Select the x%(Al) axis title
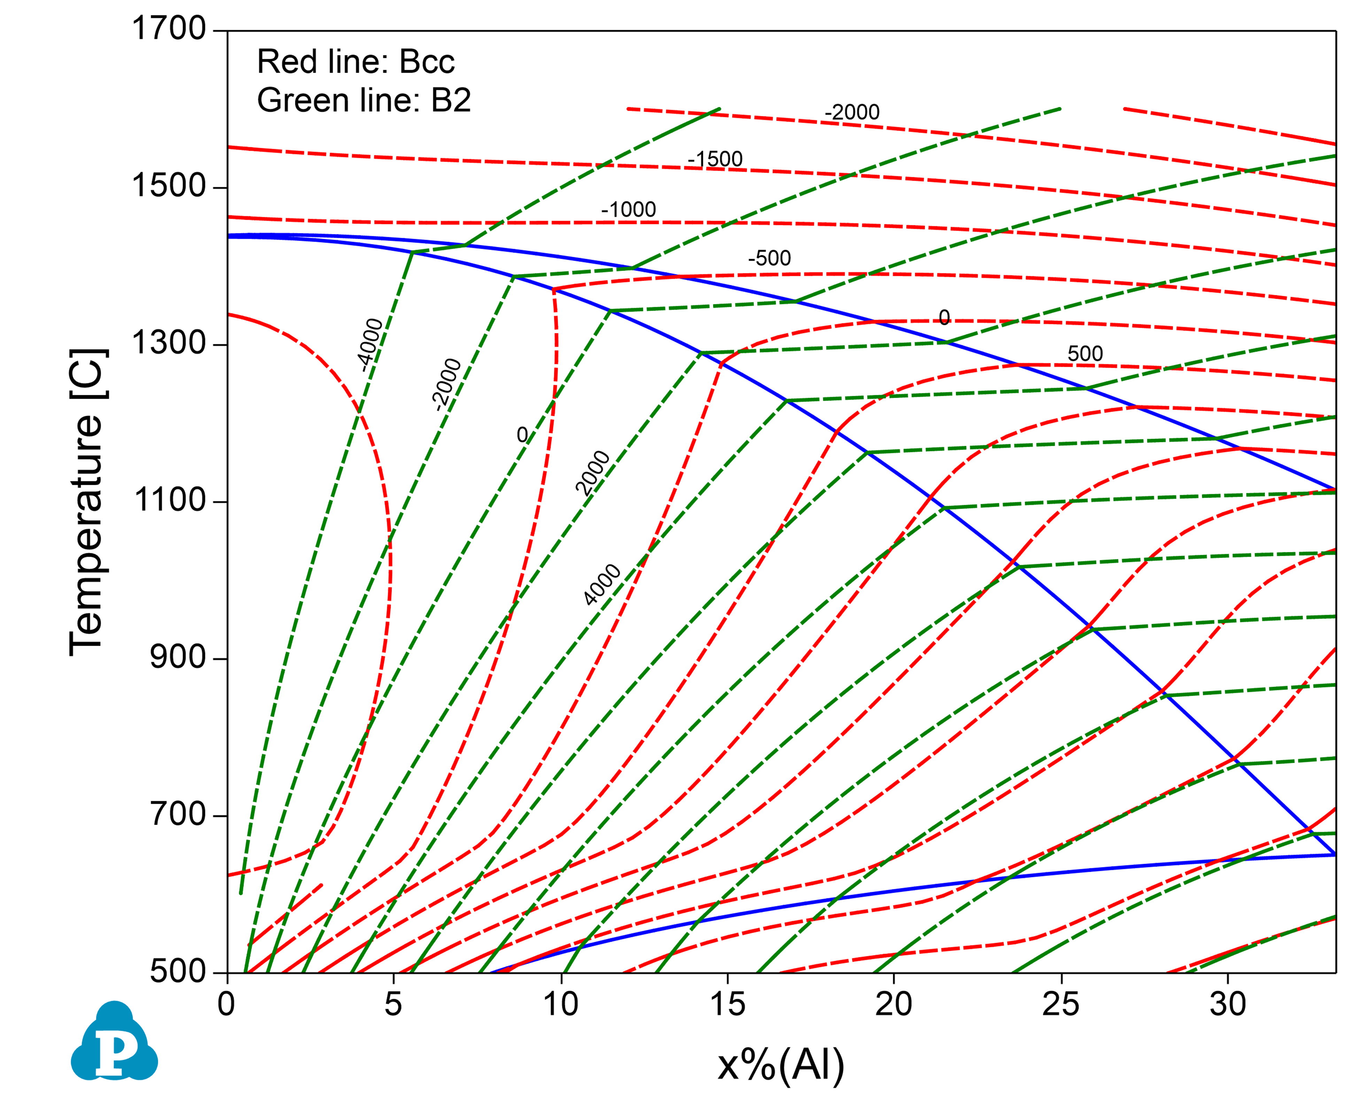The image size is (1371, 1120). pos(781,1065)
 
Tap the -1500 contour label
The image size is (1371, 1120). pos(715,159)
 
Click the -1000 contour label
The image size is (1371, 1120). pos(628,210)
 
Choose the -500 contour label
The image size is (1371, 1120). pos(769,258)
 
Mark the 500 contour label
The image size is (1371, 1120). pos(1085,353)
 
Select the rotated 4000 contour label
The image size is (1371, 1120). pos(601,584)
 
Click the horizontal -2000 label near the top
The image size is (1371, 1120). pos(852,112)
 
